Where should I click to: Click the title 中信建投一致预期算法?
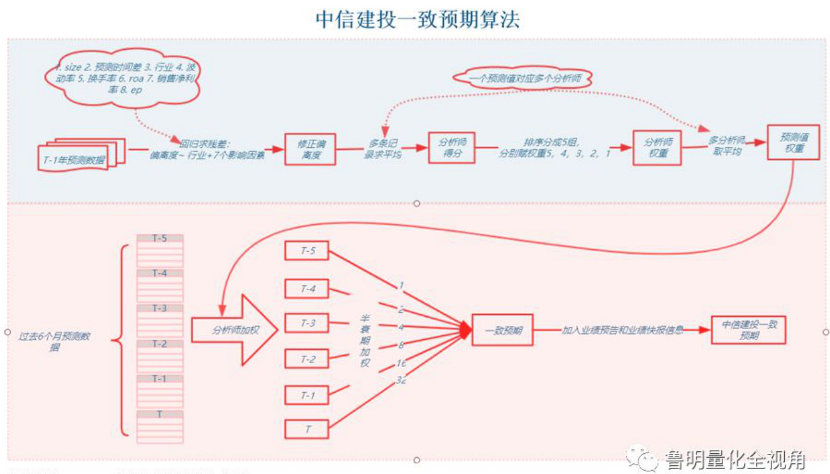point(418,19)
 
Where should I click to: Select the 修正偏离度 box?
point(310,149)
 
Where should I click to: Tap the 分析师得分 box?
point(451,148)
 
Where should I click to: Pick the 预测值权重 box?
point(794,142)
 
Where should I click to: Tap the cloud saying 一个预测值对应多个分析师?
point(523,78)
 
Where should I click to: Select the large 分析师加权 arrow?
point(233,329)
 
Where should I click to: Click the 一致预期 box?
point(502,330)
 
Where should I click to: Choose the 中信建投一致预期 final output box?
point(748,330)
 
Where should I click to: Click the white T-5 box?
point(307,251)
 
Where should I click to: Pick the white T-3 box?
point(307,323)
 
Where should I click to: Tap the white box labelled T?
point(307,429)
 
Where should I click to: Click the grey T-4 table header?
point(160,273)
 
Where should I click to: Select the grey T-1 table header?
point(160,379)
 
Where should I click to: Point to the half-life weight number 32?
point(401,380)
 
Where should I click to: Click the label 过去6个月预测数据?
point(55,341)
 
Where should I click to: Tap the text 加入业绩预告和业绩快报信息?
point(622,329)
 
